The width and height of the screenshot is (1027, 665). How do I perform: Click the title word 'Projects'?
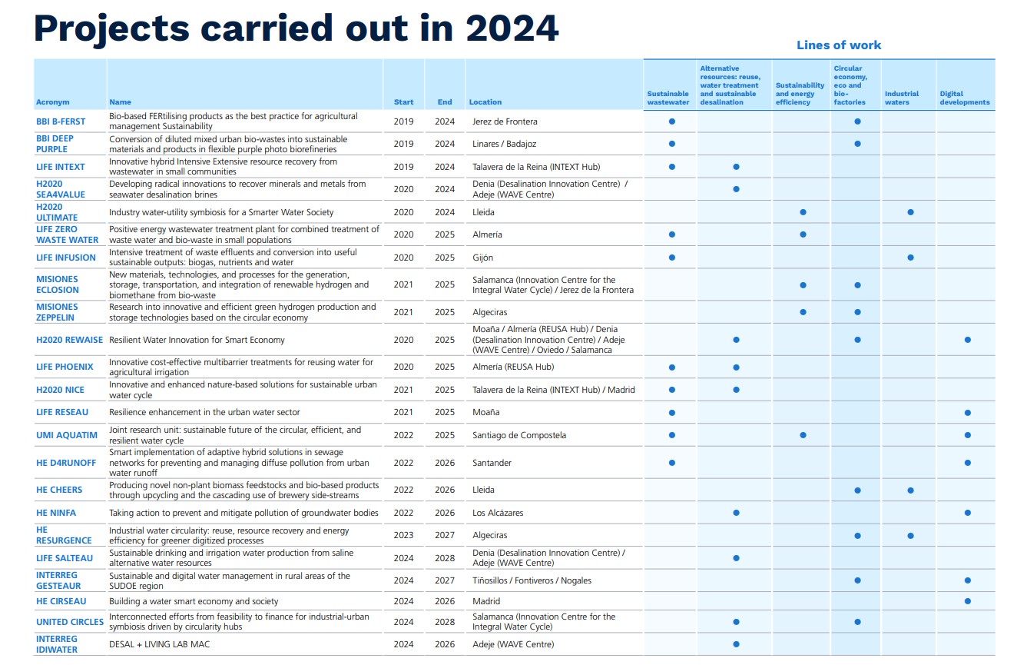point(111,28)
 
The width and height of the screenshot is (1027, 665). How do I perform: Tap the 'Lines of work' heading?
point(839,45)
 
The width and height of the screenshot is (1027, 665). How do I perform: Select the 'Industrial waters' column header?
point(902,98)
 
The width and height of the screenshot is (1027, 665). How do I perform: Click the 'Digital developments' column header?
point(965,98)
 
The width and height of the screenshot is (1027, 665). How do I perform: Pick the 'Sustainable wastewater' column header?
point(668,98)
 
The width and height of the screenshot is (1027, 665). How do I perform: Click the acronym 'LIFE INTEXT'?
point(61,167)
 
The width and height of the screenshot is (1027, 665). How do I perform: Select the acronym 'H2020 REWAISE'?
point(69,340)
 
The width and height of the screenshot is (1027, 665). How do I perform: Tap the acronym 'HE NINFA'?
point(56,513)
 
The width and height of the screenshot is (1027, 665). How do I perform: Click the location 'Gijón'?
point(483,258)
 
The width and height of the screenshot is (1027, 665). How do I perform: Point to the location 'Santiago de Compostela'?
point(519,435)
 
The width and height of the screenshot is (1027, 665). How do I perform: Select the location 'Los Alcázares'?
point(499,513)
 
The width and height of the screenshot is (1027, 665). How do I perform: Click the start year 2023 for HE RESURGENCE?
point(403,535)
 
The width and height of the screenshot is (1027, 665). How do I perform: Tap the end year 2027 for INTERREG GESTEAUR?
point(445,580)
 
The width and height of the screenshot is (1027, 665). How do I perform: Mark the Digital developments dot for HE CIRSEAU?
point(967,601)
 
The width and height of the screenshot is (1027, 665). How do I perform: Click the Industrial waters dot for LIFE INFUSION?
point(910,258)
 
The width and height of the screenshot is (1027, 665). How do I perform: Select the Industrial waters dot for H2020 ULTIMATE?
point(910,212)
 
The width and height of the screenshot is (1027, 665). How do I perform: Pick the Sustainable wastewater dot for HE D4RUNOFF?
point(672,463)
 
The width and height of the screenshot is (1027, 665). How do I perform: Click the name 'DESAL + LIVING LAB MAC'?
point(159,644)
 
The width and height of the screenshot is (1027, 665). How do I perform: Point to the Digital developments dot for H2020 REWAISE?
point(967,340)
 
